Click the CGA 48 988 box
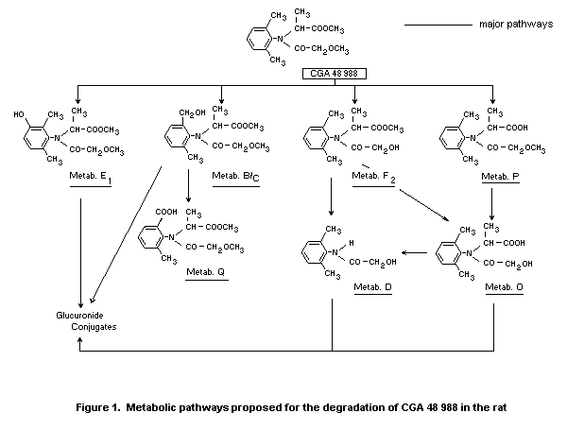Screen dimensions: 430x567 [x=335, y=73]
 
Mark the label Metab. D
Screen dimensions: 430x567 [x=371, y=285]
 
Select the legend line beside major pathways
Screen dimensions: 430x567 [x=438, y=24]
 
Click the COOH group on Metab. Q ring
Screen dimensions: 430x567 [x=151, y=212]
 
